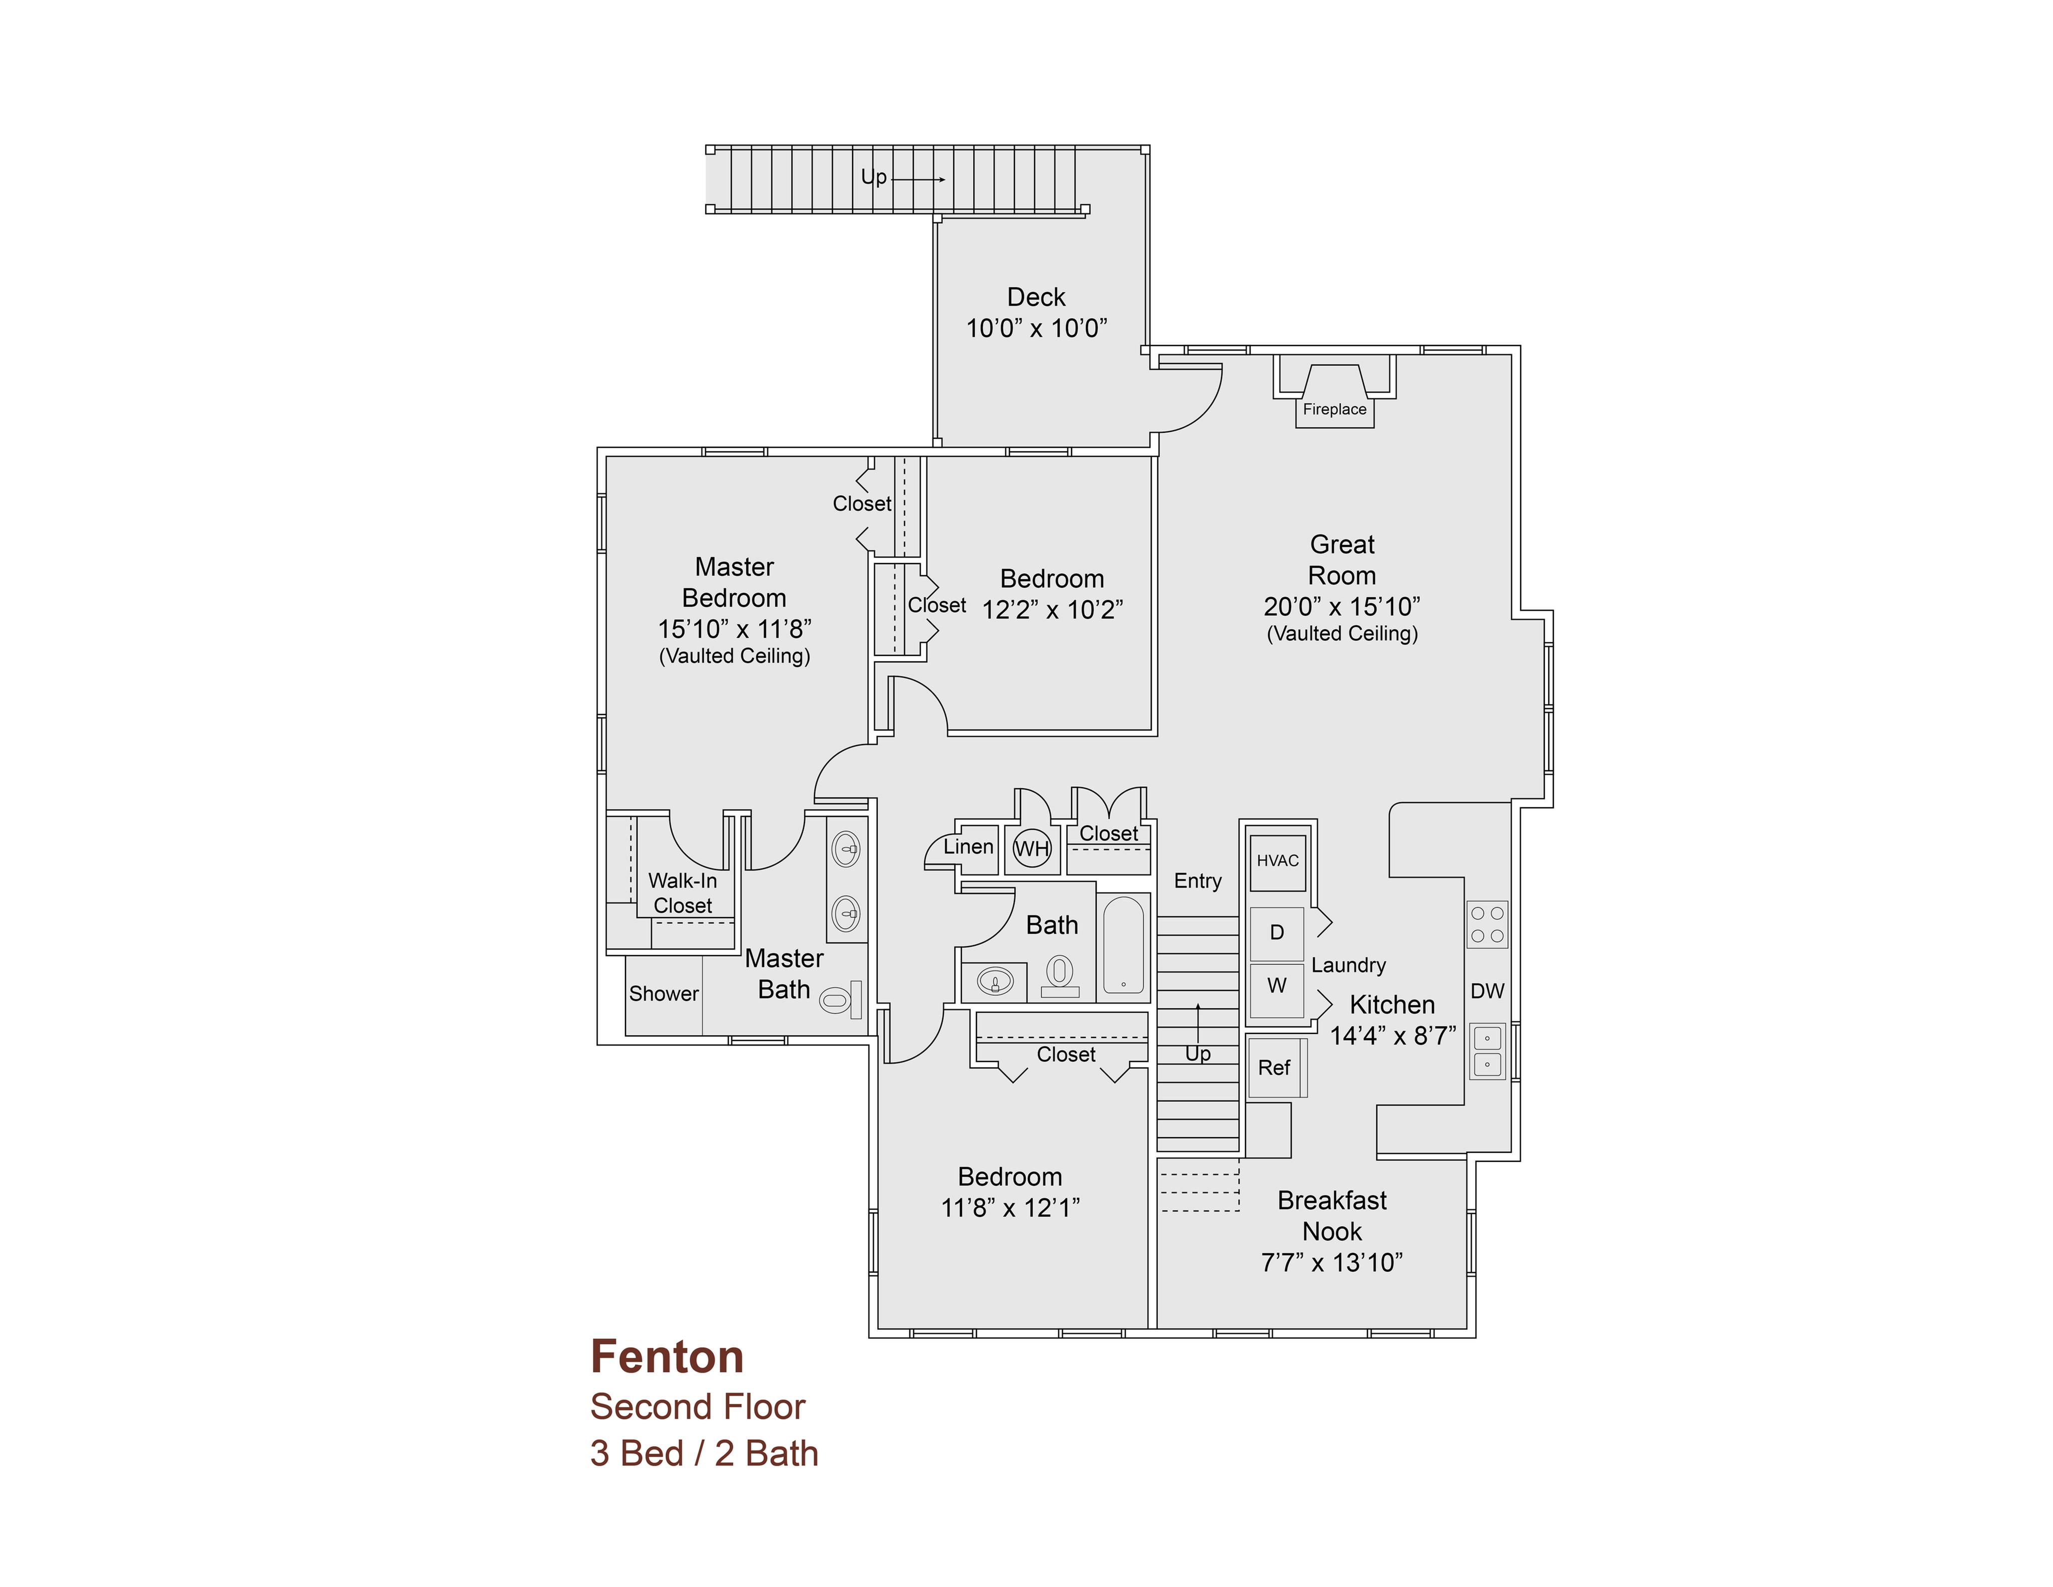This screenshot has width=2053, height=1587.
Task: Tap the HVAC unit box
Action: [1278, 861]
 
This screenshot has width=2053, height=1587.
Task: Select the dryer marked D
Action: [1277, 933]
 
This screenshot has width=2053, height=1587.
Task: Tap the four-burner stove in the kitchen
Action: [1487, 924]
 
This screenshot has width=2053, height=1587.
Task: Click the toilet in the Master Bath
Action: [841, 999]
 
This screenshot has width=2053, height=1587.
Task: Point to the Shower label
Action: [664, 994]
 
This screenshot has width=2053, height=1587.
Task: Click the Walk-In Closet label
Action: [683, 893]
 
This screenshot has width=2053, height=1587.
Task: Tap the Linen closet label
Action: [968, 846]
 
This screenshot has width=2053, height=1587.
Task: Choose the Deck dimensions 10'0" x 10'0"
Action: [1037, 328]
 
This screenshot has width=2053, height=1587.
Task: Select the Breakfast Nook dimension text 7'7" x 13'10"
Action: [1332, 1263]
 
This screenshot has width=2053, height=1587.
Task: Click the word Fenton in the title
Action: [668, 1357]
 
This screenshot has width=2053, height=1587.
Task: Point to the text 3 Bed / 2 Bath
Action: [704, 1454]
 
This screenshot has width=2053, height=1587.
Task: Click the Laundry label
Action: [1348, 966]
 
